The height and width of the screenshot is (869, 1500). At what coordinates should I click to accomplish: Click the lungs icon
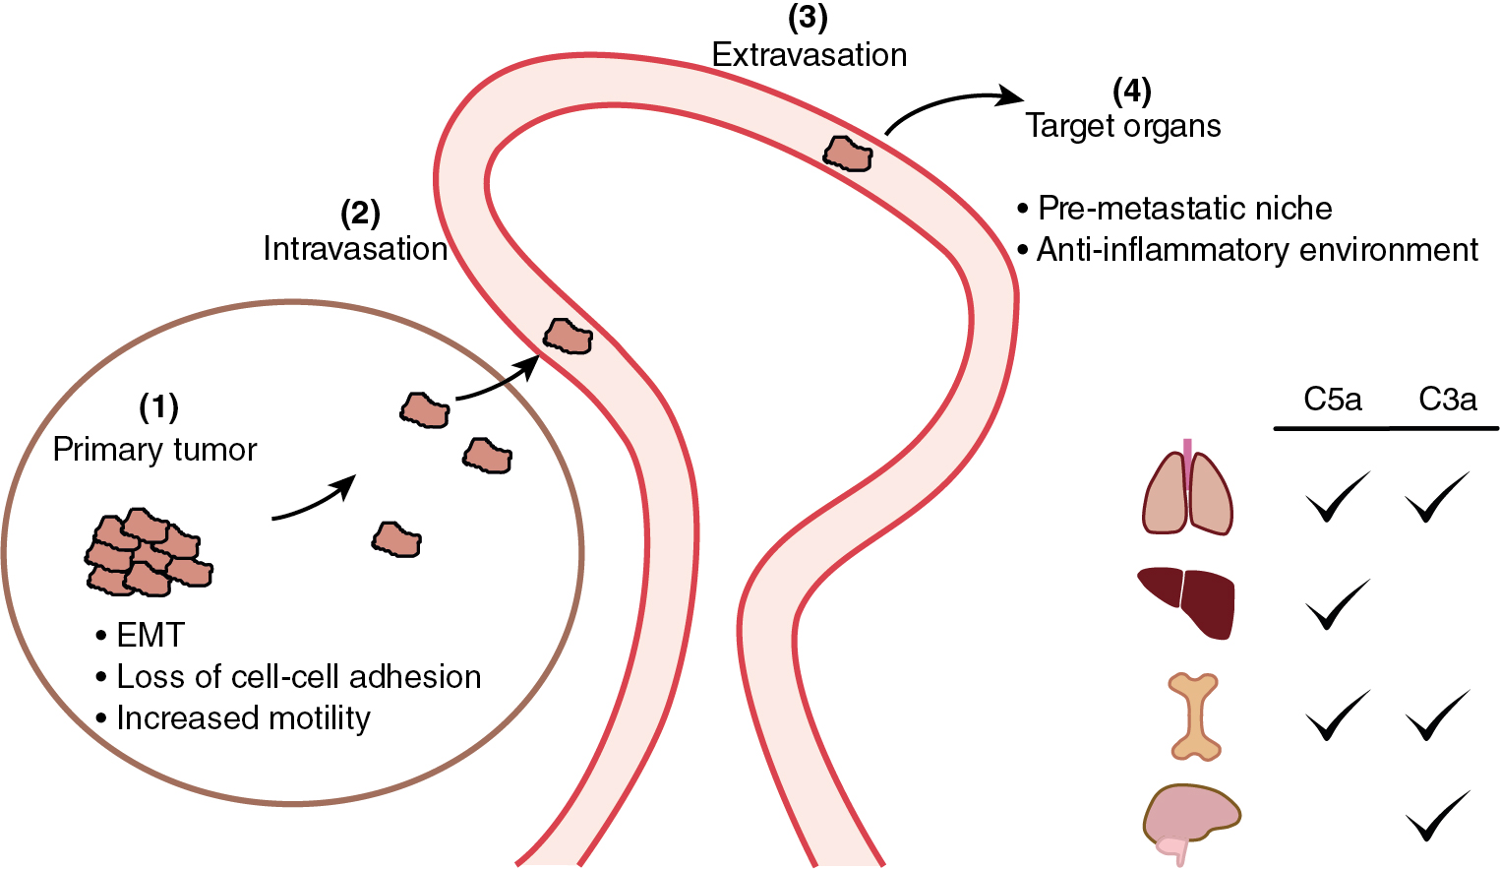(1187, 491)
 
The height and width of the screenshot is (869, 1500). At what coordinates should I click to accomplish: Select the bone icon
(1194, 715)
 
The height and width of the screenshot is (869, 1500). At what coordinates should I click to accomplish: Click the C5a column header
(1333, 400)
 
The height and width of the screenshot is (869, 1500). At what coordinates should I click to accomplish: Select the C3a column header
(1447, 400)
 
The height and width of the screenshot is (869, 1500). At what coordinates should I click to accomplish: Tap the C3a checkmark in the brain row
(1438, 815)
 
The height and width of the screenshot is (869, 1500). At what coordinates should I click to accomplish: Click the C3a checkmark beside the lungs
(1437, 496)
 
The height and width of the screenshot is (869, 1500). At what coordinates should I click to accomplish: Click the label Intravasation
(355, 249)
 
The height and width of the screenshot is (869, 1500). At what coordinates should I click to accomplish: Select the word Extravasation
(809, 55)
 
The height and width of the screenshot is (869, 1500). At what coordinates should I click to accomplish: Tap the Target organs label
(1122, 126)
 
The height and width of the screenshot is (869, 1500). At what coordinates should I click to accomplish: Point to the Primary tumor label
(154, 450)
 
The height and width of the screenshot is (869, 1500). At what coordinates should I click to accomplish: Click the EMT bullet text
(150, 636)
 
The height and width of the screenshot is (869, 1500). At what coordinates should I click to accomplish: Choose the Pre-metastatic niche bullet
(1184, 209)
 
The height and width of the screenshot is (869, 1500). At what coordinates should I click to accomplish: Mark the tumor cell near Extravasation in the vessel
(847, 154)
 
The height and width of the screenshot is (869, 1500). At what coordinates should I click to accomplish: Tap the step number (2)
(360, 213)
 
